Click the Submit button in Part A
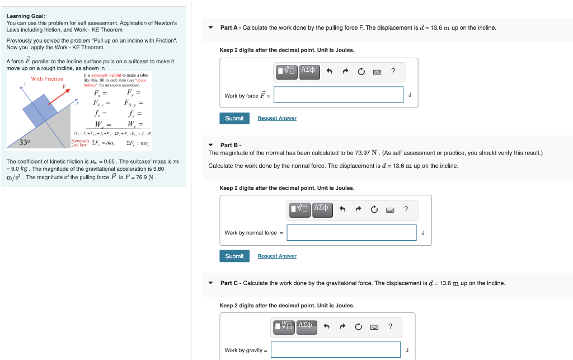coord(234,118)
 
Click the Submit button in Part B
coord(234,256)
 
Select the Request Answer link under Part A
coord(277,118)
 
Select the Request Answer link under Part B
coord(277,256)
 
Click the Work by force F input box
coord(339,95)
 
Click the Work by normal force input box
coord(351,232)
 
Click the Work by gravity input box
coord(336,350)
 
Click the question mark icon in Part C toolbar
coord(390,326)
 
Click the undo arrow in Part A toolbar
coord(330,71)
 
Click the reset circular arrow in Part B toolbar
coord(374,209)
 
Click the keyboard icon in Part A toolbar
coord(377,72)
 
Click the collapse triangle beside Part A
coord(210,27)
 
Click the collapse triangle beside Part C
coord(210,283)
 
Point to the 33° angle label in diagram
coord(25,142)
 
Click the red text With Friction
coord(47,79)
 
